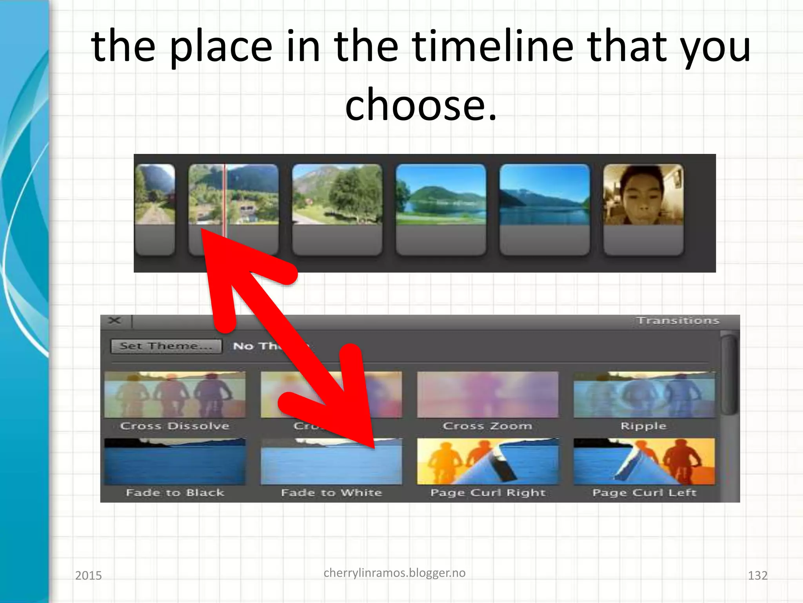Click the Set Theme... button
(x=166, y=346)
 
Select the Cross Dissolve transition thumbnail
(x=175, y=395)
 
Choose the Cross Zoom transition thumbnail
(x=487, y=395)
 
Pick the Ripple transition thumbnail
(x=644, y=395)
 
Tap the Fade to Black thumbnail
(x=175, y=462)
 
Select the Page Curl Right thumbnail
(x=487, y=462)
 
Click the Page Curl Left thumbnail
(x=644, y=462)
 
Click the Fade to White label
(x=331, y=492)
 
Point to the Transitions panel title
(x=678, y=321)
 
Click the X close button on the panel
(x=114, y=321)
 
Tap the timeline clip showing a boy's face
(x=643, y=209)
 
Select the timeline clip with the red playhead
(x=234, y=209)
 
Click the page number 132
(x=758, y=576)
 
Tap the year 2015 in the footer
(x=88, y=576)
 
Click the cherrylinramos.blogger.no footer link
(x=394, y=573)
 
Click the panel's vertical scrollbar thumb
(x=729, y=373)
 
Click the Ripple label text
(x=643, y=426)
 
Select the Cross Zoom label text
(x=487, y=426)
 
